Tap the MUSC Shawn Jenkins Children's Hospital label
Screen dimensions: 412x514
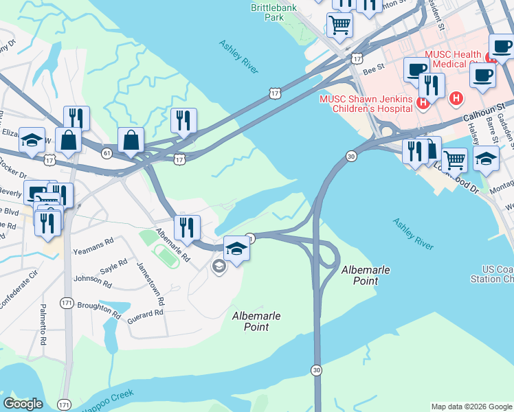click(x=366, y=104)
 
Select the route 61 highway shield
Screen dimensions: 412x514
click(x=107, y=152)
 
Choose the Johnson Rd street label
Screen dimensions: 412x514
click(x=88, y=279)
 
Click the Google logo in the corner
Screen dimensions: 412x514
click(x=23, y=403)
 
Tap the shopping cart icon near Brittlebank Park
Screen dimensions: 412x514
click(x=339, y=25)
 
